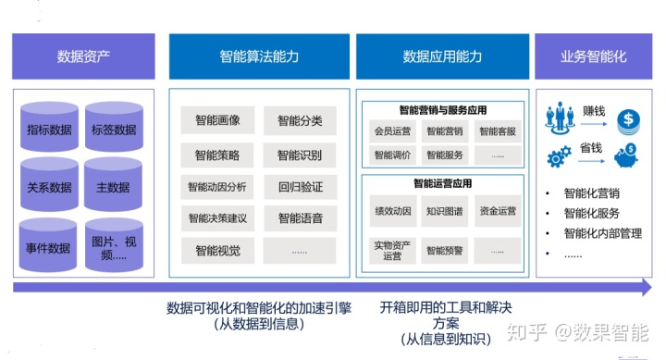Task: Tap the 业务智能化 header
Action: click(593, 56)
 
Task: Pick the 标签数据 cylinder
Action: click(114, 130)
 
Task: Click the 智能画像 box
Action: click(217, 120)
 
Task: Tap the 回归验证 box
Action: click(300, 186)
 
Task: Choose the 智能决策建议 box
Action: click(217, 218)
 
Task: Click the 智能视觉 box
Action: click(217, 250)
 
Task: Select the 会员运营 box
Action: click(390, 131)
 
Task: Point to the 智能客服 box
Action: click(498, 131)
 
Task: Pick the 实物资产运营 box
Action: click(390, 249)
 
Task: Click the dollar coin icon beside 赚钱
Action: click(627, 118)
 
